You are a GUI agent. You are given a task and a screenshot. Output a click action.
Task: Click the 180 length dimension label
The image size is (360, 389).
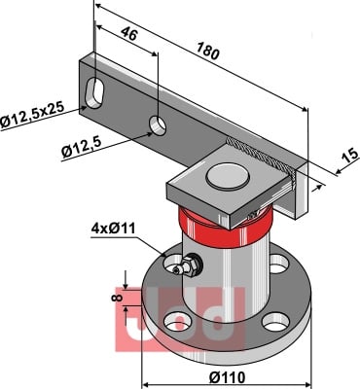click(x=207, y=52)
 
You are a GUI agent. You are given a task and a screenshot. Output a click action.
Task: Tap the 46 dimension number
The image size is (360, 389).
click(x=129, y=33)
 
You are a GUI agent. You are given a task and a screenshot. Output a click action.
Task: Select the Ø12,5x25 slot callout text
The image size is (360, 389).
click(x=32, y=116)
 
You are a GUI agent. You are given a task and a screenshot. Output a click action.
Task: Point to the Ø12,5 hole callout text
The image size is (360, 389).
click(x=82, y=147)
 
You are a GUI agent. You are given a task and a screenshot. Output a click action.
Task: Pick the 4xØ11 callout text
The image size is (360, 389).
click(x=113, y=229)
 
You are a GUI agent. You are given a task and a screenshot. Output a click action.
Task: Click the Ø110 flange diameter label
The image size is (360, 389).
click(x=227, y=377)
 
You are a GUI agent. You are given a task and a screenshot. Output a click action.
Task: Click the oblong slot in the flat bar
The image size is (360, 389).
click(x=93, y=92)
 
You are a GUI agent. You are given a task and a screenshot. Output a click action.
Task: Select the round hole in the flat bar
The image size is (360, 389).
click(x=158, y=125)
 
